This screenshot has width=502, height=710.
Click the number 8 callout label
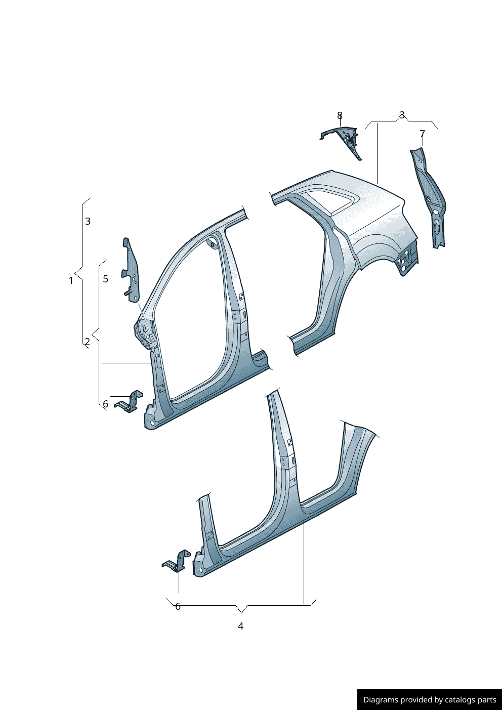[340, 116]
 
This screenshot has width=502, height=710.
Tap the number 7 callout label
[422, 134]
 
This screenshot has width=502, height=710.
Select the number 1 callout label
[71, 280]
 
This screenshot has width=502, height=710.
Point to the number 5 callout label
[105, 279]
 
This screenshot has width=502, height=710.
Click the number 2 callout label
[87, 342]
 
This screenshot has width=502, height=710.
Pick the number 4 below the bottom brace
[240, 626]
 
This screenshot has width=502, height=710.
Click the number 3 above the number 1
[88, 221]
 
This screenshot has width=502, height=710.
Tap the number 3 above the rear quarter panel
[402, 115]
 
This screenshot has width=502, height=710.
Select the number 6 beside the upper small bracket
[105, 404]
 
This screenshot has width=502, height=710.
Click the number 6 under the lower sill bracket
[178, 606]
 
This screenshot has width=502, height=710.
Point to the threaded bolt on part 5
[128, 292]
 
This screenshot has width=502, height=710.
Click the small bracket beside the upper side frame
[130, 402]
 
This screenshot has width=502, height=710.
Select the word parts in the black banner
[487, 700]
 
